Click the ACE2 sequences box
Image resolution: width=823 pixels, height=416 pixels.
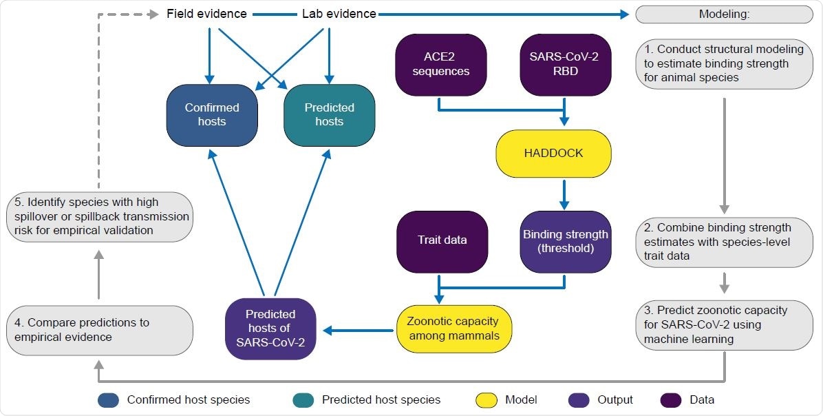pos(441,65)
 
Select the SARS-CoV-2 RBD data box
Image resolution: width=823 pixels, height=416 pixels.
pos(565,65)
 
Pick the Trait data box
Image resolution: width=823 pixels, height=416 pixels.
pos(441,240)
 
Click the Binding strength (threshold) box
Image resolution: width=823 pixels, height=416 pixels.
pos(564,240)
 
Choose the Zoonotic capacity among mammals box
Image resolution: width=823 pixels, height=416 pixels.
pos(453,329)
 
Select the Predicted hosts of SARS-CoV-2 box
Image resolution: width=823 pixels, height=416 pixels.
pos(270,329)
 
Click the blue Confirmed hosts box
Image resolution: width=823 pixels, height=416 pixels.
pos(212,114)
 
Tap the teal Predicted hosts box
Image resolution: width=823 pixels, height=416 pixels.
pos(329,114)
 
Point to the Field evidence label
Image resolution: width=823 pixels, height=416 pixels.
pos(206,14)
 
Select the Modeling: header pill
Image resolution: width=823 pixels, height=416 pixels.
pos(724,14)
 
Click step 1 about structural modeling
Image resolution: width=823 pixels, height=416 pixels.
pos(724,63)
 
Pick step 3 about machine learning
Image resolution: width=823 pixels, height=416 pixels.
pos(724,324)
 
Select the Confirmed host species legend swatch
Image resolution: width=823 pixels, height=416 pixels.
pos(109,399)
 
